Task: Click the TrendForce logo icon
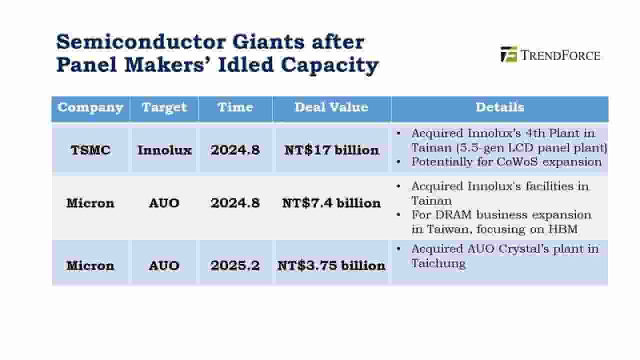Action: click(x=508, y=54)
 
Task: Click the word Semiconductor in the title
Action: click(x=141, y=42)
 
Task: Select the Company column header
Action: click(x=90, y=107)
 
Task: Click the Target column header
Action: click(x=164, y=107)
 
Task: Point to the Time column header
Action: click(x=235, y=107)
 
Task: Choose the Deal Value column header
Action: click(x=331, y=107)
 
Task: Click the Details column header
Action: click(x=499, y=107)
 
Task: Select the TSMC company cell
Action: click(x=90, y=150)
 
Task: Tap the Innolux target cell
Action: click(x=164, y=150)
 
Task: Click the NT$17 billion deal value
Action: click(x=331, y=150)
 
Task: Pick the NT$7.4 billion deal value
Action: click(x=331, y=203)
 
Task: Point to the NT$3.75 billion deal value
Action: click(x=331, y=265)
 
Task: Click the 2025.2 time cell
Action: click(x=235, y=265)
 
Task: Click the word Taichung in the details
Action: click(x=438, y=263)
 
